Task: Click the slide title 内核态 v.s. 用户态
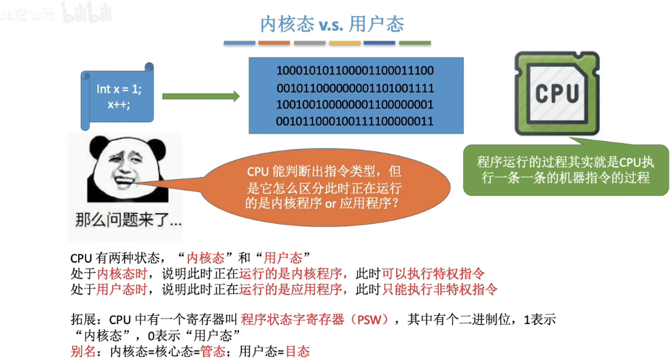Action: (x=332, y=24)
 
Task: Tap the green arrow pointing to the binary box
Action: (x=200, y=97)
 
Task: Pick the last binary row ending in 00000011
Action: (x=355, y=121)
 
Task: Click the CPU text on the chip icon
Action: (x=557, y=93)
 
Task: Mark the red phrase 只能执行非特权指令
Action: (x=440, y=289)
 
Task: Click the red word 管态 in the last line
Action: (x=213, y=351)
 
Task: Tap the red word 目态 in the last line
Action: (x=298, y=351)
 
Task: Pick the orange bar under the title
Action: (x=274, y=43)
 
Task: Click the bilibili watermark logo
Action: (x=88, y=14)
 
